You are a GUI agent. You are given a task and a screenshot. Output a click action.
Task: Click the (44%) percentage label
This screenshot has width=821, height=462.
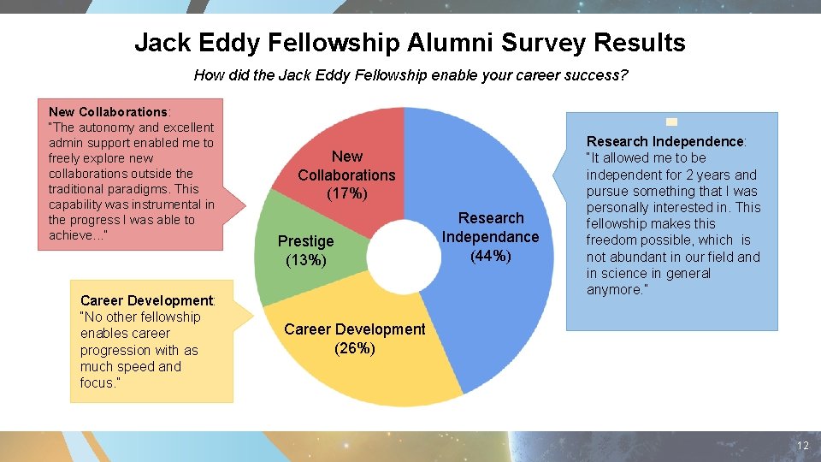491,256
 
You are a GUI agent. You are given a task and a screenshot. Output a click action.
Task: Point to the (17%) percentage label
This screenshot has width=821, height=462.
347,194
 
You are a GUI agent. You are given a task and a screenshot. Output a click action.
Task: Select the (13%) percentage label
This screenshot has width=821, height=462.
305,260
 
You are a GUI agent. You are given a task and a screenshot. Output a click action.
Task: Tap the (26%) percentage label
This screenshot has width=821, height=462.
354,348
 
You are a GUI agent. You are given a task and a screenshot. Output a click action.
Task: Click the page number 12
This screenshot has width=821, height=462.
802,446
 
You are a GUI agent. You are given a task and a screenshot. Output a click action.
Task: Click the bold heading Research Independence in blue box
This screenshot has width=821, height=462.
664,141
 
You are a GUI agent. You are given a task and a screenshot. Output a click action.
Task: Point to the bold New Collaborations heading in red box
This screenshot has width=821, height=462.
108,112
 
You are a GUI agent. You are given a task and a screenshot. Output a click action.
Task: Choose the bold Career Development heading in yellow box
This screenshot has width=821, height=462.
145,300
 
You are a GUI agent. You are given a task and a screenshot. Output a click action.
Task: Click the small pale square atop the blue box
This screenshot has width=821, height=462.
671,121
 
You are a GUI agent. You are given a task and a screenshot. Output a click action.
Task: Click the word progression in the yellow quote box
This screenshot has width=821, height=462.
115,350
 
